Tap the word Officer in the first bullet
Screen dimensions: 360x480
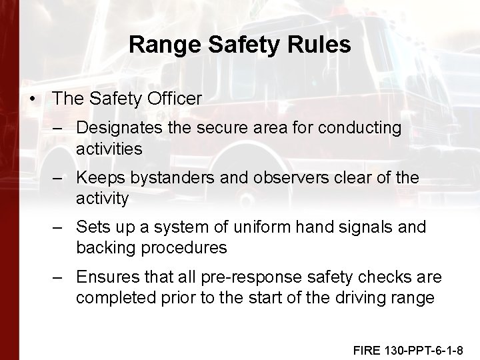pyautogui.click(x=171, y=99)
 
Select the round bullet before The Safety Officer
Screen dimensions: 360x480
pyautogui.click(x=33, y=99)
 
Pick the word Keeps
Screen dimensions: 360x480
pyautogui.click(x=99, y=177)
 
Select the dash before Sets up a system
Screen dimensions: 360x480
pyautogui.click(x=59, y=227)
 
